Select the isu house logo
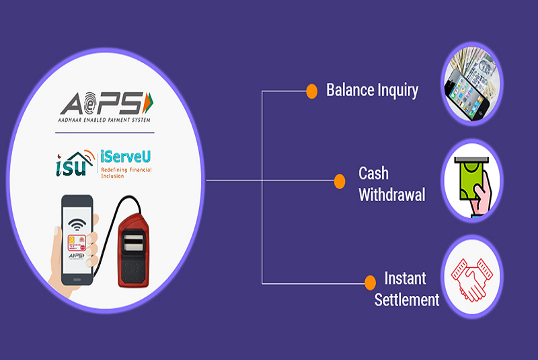(72, 162)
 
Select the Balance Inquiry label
(372, 90)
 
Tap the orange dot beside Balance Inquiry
(311, 90)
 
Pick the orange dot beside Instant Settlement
(369, 282)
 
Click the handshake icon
(473, 277)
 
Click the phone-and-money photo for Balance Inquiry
(473, 85)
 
